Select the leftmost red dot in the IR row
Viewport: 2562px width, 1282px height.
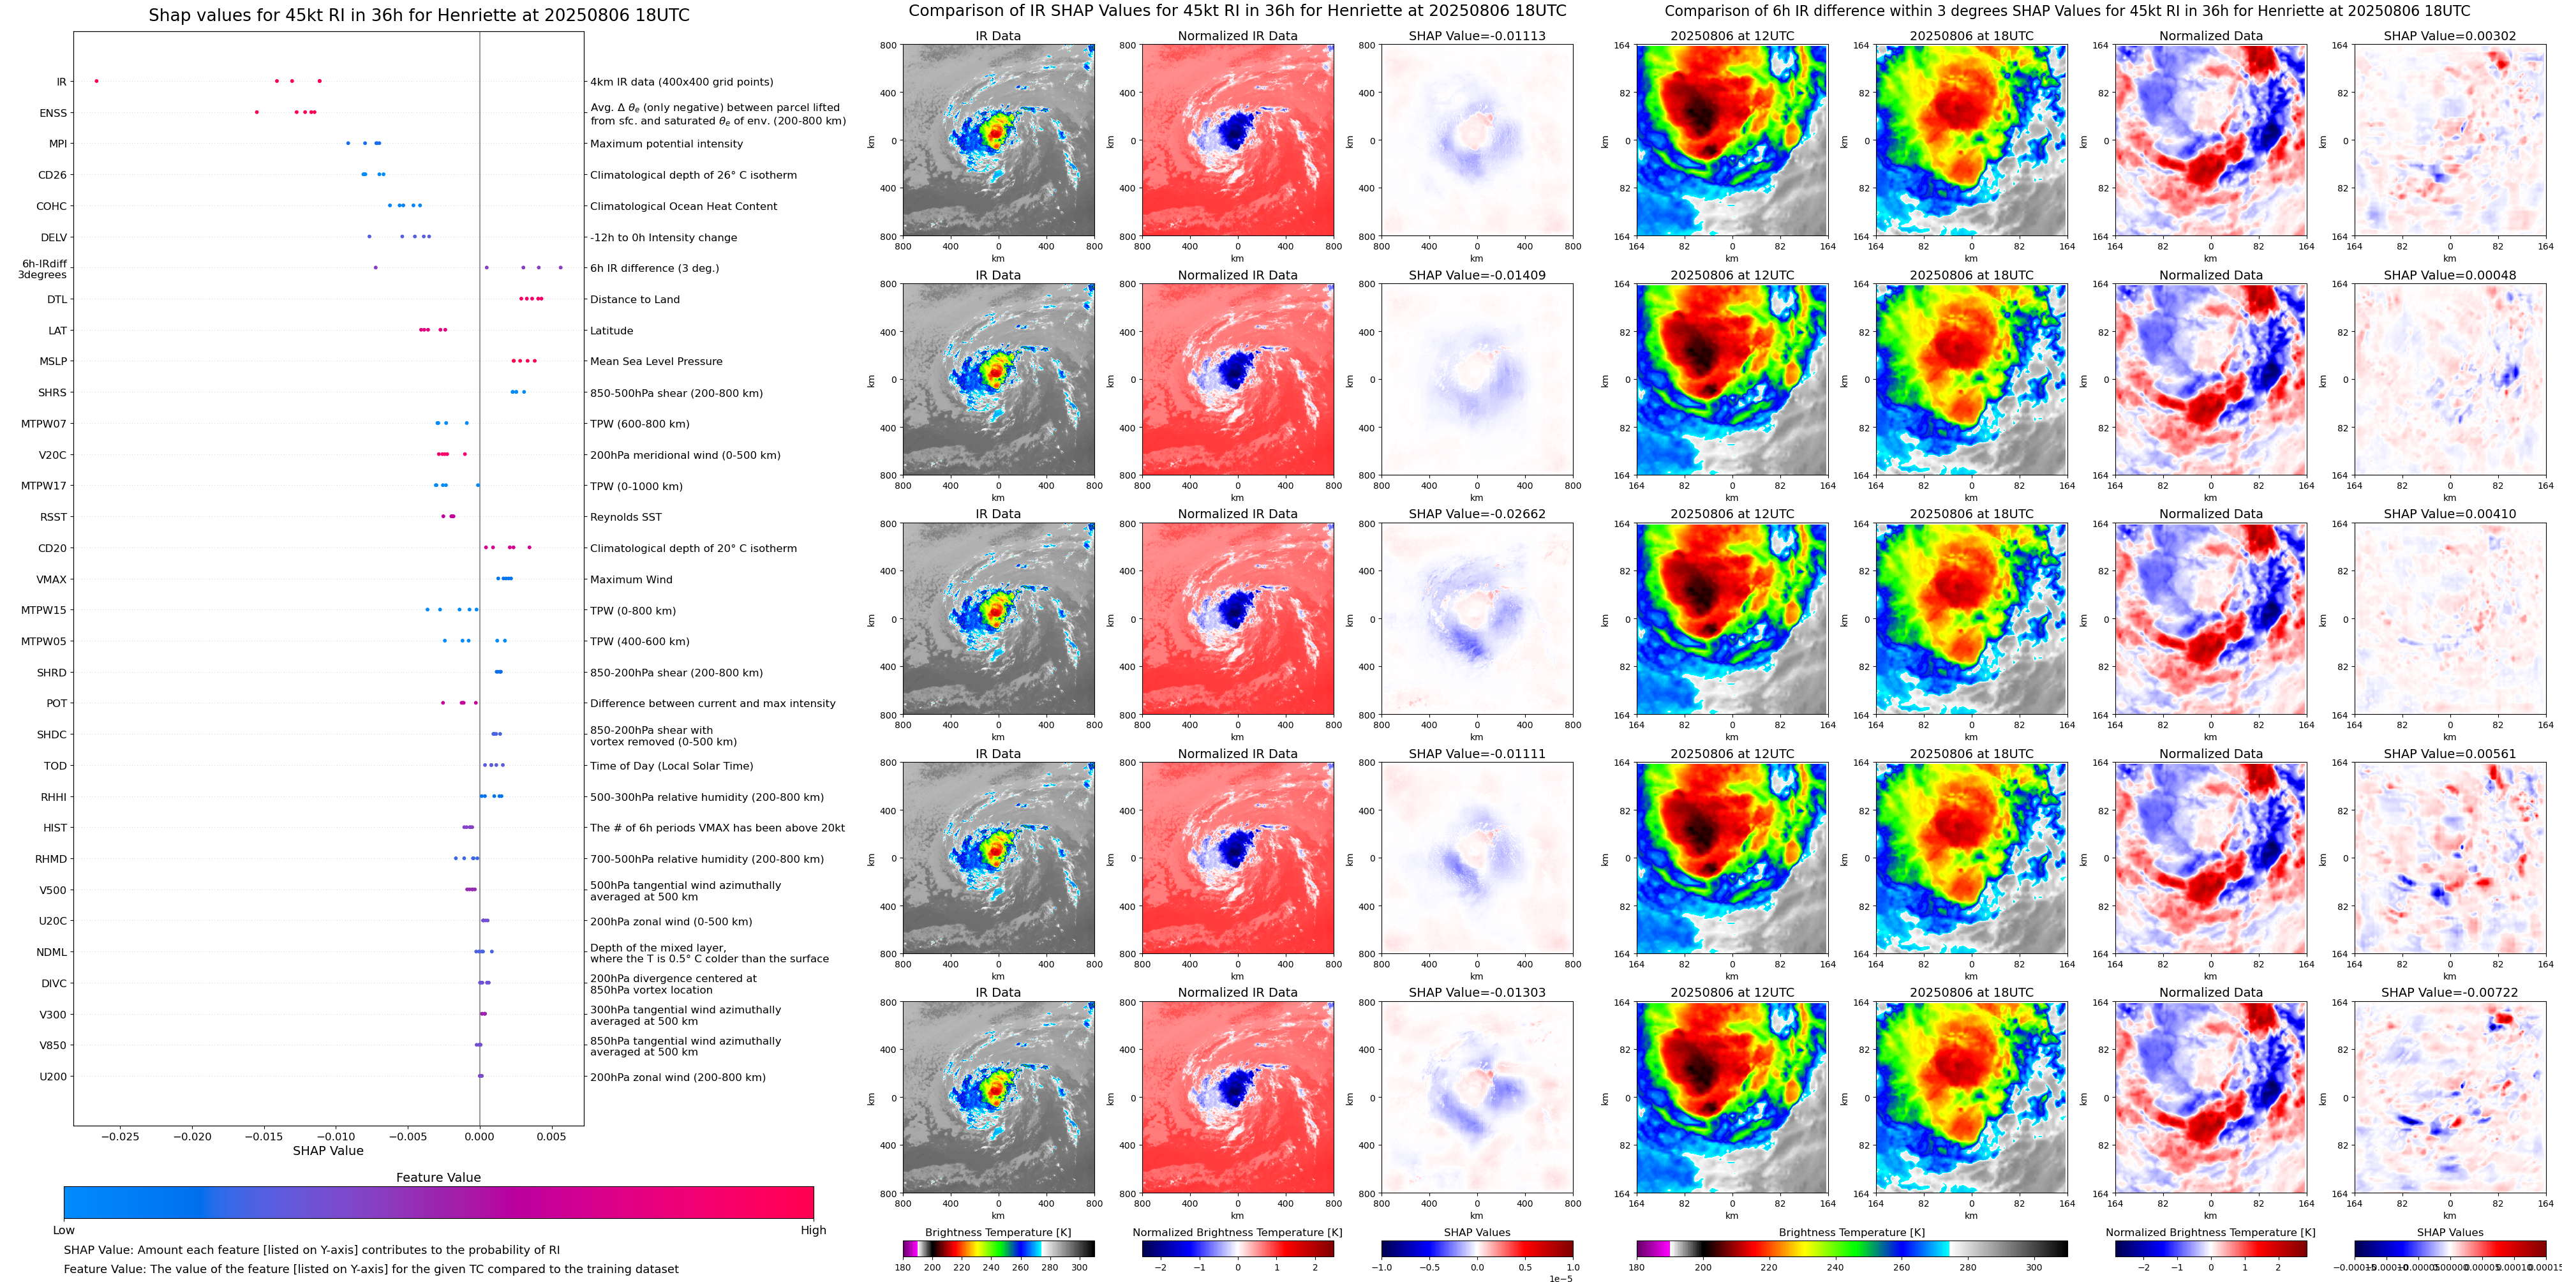[x=96, y=80]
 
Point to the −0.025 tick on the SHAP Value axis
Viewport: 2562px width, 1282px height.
[x=121, y=1136]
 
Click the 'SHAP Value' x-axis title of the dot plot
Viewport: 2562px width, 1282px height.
[x=327, y=1151]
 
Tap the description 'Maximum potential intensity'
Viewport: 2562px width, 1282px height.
[x=666, y=144]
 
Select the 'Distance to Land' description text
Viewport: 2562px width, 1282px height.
[x=634, y=299]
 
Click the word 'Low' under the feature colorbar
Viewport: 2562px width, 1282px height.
[x=64, y=1230]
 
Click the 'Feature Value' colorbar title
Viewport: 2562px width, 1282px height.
[x=438, y=1177]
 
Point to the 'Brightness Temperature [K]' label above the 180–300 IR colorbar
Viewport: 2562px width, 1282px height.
[x=997, y=1232]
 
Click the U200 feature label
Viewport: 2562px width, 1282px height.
[x=53, y=1077]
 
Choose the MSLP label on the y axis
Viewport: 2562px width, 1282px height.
[x=53, y=362]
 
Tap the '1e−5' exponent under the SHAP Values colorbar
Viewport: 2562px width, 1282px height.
[x=1560, y=1278]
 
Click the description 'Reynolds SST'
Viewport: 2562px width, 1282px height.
[x=625, y=517]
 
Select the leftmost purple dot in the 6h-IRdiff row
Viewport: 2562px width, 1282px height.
[x=375, y=267]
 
